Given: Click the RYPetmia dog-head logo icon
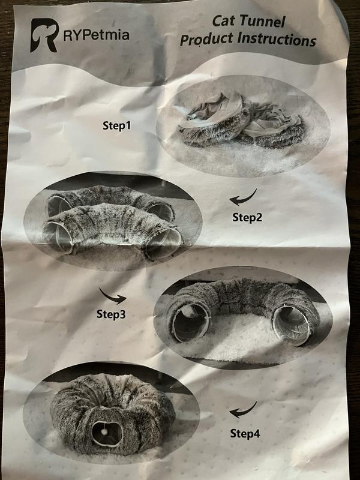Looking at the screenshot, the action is (x=44, y=35).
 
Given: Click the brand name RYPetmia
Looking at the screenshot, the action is (x=96, y=35).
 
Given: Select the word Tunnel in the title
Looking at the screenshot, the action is (x=262, y=22).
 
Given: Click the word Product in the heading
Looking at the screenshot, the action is (x=206, y=40).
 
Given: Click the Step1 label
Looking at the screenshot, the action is (x=116, y=125).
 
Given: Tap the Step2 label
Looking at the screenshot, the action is (x=247, y=217).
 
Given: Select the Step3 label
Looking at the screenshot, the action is (x=111, y=314).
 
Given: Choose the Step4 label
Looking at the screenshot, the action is (x=245, y=433).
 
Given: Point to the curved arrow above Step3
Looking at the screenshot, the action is (x=112, y=296).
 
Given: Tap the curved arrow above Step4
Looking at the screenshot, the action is (x=243, y=411).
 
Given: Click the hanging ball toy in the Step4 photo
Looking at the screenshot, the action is (x=104, y=431).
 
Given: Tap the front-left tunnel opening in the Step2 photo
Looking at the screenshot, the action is (x=58, y=236).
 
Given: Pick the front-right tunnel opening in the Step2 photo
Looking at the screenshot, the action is (x=163, y=244).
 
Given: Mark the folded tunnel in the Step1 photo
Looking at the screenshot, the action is (x=242, y=122).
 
